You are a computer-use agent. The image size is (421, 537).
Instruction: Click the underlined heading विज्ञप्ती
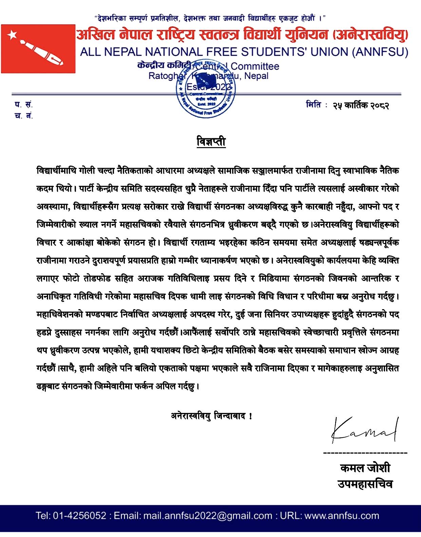211,141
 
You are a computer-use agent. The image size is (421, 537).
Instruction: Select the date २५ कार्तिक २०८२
360,105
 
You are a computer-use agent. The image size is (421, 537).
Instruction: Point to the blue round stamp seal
206,89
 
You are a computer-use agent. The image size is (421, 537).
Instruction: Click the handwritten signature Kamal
364,430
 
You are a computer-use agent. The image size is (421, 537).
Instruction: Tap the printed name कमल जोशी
365,468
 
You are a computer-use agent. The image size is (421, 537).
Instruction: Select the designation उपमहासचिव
365,484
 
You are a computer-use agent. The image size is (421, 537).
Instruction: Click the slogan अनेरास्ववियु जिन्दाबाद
211,416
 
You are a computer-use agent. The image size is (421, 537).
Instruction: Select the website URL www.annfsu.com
342,516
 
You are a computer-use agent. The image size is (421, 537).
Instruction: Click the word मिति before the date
313,105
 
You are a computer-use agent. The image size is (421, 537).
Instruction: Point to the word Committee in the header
255,66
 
